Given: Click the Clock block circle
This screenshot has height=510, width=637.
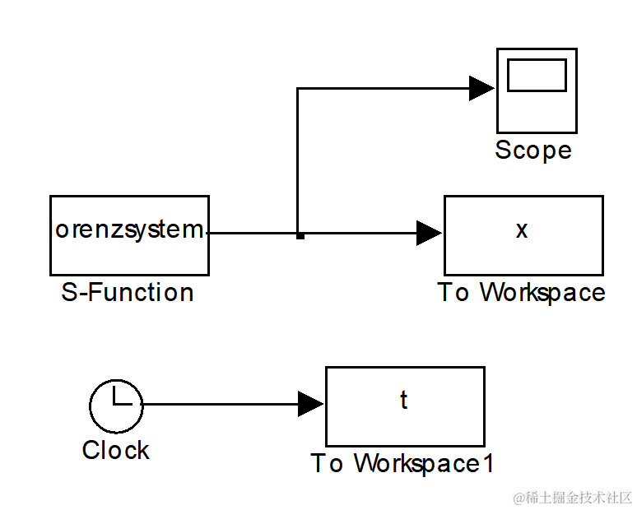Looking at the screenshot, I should [x=116, y=405].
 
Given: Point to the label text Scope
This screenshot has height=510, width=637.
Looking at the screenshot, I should [x=533, y=151].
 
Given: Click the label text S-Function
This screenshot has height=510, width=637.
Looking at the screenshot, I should [x=128, y=293].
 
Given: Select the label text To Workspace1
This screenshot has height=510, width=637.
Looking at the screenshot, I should [x=402, y=464].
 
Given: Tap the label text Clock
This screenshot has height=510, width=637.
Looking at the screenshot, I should [x=116, y=451].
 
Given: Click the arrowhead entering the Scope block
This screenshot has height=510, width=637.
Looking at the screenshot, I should [x=481, y=88].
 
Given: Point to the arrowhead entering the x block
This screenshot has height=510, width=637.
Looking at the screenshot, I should [x=429, y=234].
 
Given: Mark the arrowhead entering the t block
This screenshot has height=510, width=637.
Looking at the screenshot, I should [x=310, y=404].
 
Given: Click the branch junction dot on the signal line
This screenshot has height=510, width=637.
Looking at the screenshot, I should [x=300, y=235].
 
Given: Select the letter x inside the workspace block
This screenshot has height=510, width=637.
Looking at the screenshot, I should [x=522, y=229].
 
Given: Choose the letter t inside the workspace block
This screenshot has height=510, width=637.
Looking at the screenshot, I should [x=404, y=400].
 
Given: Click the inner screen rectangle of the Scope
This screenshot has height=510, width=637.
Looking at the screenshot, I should [x=537, y=76].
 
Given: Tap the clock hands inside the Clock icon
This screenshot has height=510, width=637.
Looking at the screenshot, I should [x=120, y=400].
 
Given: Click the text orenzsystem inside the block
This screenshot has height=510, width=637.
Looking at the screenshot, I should [x=129, y=229].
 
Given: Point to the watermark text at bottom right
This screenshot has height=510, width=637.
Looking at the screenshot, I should [x=573, y=498].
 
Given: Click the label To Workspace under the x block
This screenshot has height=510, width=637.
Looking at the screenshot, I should [x=521, y=293].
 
